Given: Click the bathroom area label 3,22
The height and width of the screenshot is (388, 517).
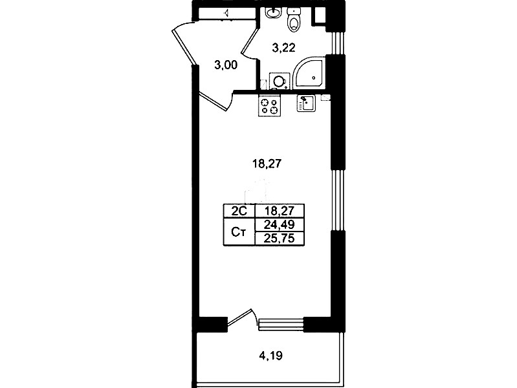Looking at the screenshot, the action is coord(283,48).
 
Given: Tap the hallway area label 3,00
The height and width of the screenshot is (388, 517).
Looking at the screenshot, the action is coord(226,65).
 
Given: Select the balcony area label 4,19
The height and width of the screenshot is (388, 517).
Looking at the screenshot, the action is coord(271,356).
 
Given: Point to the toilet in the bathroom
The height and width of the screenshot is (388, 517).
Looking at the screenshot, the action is coord(294,20).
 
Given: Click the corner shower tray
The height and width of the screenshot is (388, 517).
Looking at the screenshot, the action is coord(309,75).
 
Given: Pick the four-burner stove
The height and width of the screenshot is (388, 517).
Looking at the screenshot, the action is coord(269,105).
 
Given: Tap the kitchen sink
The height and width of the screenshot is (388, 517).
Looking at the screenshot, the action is coord(306,103).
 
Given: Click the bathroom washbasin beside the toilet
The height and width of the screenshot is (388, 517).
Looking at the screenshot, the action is coord(273,12).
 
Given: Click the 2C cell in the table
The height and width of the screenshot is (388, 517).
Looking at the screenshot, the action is coord(239,211).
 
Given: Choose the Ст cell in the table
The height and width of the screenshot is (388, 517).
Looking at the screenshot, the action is coord(239,232).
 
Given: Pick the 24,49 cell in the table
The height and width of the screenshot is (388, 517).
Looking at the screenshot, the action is coord(280,225).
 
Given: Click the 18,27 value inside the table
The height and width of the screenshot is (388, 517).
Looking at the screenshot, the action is coord(280,211).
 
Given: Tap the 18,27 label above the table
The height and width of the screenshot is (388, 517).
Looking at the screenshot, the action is coord(267,164).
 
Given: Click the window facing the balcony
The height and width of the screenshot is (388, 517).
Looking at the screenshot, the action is coord(281,324).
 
